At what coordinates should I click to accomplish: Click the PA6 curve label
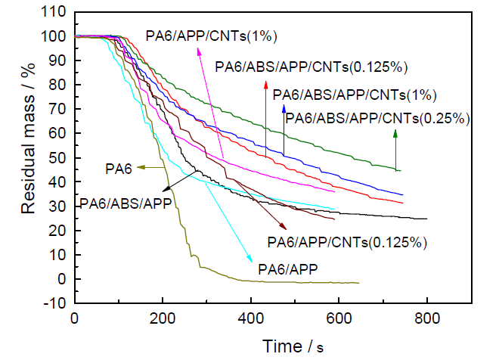pos(119,166)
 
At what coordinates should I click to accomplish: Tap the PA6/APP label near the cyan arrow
pos(287,268)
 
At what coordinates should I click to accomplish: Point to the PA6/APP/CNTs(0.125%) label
pos(348,243)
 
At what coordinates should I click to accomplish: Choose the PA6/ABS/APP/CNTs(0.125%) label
pos(311,67)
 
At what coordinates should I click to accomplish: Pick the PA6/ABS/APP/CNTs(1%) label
pos(354,95)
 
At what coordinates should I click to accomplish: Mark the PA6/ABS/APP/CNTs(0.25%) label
pos(378,118)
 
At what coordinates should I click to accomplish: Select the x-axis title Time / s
pos(292,346)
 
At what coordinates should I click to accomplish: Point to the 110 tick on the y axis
pos(54,13)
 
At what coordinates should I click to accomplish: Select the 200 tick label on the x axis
pos(162,320)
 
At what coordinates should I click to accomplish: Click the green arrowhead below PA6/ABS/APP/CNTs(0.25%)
pos(395,134)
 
